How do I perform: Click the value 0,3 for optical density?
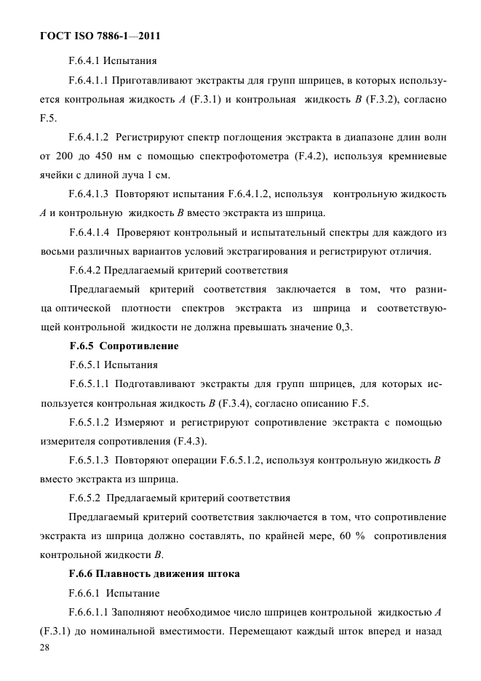(343, 327)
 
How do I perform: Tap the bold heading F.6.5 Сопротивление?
(124, 346)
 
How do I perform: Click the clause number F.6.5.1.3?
(90, 461)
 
